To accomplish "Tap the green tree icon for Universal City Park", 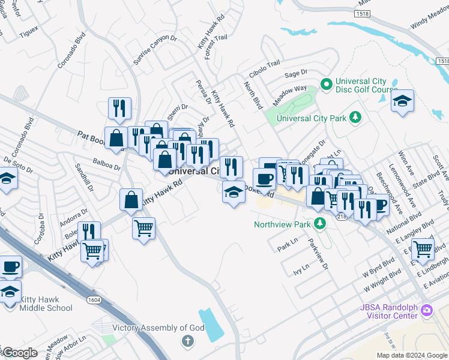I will [x=355, y=116].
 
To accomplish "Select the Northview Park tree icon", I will [x=320, y=223].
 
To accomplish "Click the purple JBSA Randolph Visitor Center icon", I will [x=426, y=310].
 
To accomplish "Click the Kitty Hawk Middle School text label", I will [x=46, y=304].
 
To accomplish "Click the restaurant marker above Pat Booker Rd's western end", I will [x=119, y=108].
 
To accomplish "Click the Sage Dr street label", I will [x=295, y=73].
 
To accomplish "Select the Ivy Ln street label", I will [x=300, y=271].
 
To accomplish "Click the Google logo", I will [x=20, y=353].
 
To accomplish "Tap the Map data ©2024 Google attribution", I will [x=411, y=355].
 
